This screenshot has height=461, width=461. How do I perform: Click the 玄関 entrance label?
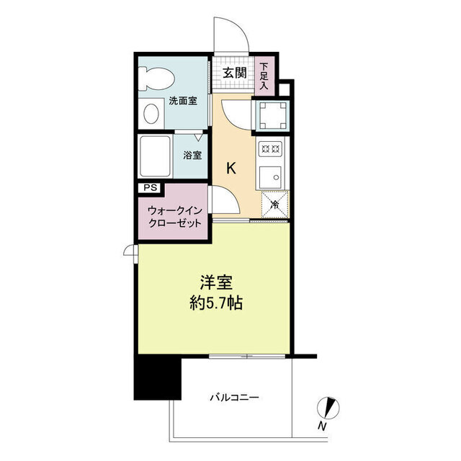234,73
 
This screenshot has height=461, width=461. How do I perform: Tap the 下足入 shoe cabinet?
264,76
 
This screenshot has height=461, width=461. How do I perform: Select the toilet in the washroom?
156,79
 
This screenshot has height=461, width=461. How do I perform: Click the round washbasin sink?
151,114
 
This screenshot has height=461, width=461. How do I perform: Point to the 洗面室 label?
183,101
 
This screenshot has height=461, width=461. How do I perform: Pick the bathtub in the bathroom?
156,156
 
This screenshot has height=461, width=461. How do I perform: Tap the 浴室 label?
192,156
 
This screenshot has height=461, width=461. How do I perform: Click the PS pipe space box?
151,187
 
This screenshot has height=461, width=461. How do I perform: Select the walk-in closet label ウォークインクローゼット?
175,217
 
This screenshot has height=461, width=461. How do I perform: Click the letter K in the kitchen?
231,169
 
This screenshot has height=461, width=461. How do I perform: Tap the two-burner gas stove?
270,148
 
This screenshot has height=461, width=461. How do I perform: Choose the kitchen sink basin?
270,177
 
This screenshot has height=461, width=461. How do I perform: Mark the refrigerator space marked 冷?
275,205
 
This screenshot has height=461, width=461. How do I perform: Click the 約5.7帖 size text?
216,303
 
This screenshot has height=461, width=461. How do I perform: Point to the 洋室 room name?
216,282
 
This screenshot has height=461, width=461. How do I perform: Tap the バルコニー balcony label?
234,398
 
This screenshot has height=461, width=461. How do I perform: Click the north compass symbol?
328,408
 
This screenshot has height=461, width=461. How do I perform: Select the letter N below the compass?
322,426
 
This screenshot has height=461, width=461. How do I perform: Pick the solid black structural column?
157,377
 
